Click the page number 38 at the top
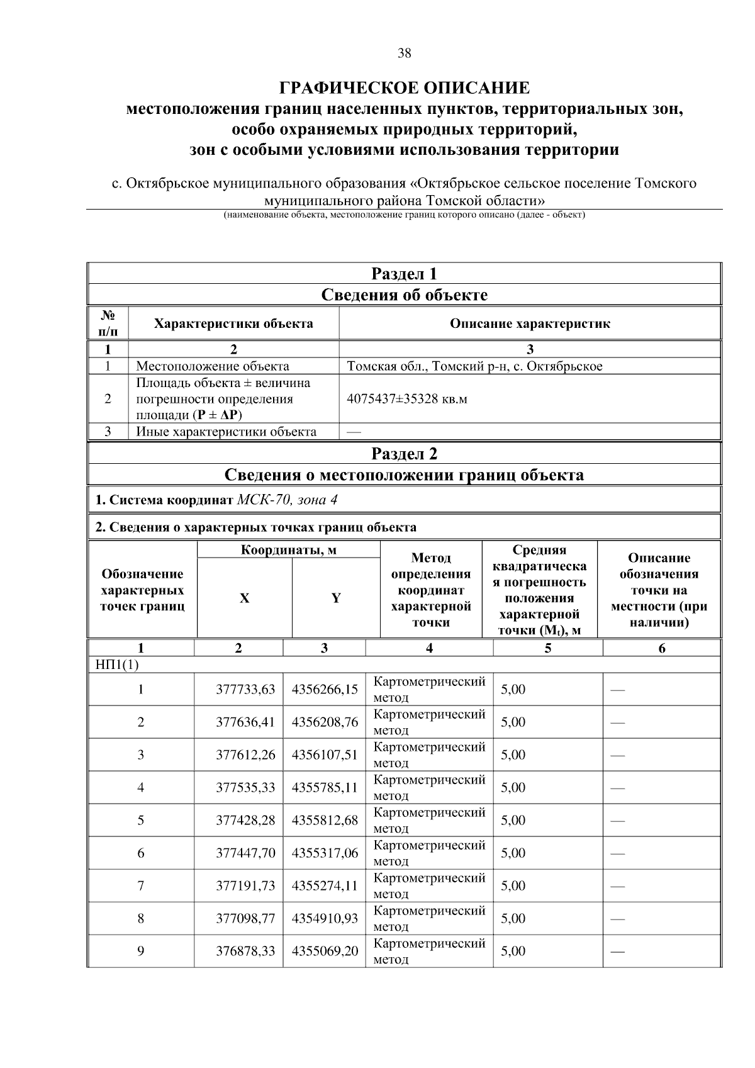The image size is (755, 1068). point(404,53)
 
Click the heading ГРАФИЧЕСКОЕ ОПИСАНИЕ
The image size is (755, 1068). point(404,87)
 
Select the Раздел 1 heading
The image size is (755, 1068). point(404,274)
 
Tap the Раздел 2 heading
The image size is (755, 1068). point(404,454)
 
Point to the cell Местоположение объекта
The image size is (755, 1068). point(213,366)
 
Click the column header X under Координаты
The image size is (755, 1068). point(244,599)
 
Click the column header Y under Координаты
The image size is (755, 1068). point(336,599)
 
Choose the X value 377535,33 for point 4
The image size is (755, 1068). point(245,787)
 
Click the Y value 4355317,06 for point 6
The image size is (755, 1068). point(325,853)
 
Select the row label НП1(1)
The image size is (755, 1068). point(114,665)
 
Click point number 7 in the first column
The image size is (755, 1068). point(140,885)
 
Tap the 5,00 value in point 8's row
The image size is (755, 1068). point(513,918)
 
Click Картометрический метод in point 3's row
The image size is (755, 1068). point(429,755)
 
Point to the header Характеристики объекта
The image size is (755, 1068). point(233,324)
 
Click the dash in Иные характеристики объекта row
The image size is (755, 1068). point(354,432)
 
